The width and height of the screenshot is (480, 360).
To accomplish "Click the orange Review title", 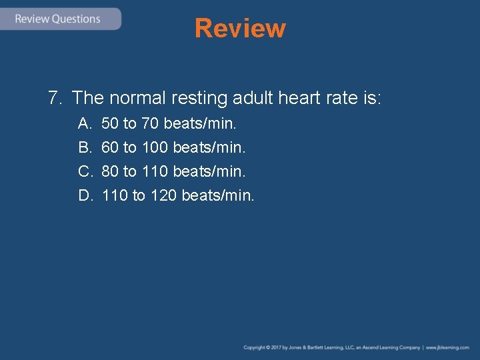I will click(x=240, y=29).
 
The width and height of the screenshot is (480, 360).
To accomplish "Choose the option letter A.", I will click(x=85, y=123).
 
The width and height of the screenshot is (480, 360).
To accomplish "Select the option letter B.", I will click(x=85, y=147).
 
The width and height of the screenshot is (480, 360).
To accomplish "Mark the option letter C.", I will click(x=85, y=171).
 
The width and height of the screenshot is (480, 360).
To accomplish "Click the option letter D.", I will click(x=85, y=195).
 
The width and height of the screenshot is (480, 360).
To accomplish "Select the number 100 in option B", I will click(x=155, y=147).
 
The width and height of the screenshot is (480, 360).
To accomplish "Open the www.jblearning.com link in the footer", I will click(x=448, y=348).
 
